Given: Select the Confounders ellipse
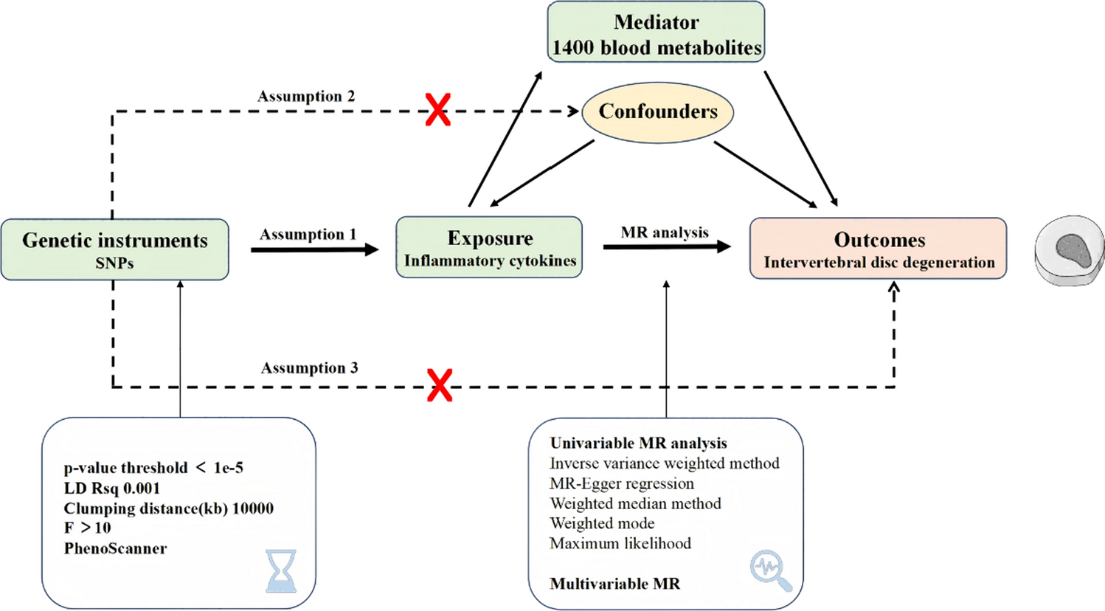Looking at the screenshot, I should click(x=658, y=112).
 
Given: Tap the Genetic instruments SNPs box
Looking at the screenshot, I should click(x=115, y=249).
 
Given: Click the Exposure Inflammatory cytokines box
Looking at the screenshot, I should click(x=489, y=247).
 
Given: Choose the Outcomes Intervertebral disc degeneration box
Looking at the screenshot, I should click(x=879, y=249).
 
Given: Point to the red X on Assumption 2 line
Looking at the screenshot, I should click(x=438, y=110).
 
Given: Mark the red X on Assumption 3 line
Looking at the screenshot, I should click(x=440, y=385).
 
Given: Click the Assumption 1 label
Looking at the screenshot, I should click(x=308, y=235).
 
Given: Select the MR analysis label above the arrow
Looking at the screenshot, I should click(x=665, y=232).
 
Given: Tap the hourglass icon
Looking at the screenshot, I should click(x=281, y=570).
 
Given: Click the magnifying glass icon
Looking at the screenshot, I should click(x=771, y=570).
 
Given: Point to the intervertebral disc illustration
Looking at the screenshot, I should click(x=1069, y=251).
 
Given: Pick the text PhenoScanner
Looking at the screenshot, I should click(x=115, y=548).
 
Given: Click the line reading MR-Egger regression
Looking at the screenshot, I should click(x=621, y=483).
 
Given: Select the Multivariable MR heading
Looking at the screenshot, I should click(x=614, y=584).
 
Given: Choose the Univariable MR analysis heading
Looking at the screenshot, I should click(x=638, y=443).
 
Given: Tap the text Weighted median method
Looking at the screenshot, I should click(x=635, y=503).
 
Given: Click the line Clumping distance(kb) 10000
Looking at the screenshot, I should click(x=168, y=508).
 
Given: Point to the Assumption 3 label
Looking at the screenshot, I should click(x=309, y=368).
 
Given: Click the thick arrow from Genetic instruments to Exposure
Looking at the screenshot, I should click(x=314, y=250).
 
